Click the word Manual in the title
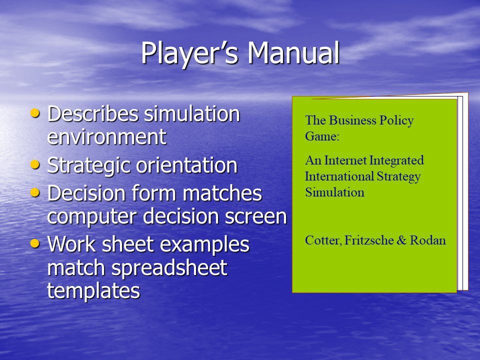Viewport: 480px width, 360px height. (293, 52)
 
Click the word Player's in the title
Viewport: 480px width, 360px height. (189, 54)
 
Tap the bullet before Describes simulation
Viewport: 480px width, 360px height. (35, 113)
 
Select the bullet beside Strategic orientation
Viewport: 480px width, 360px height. (35, 164)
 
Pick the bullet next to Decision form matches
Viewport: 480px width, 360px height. (35, 192)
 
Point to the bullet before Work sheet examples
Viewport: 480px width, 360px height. (35, 243)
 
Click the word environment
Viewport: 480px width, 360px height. (107, 137)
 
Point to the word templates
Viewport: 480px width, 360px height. (93, 291)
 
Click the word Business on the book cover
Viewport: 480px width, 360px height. (352, 120)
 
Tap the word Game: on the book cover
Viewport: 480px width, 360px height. (322, 136)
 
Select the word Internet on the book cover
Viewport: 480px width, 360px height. (345, 160)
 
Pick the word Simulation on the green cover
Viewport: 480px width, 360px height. (335, 192)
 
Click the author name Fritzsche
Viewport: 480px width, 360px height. (369, 240)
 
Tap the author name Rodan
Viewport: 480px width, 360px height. (428, 240)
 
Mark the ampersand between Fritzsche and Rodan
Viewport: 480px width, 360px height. (401, 240)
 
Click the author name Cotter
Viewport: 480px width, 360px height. (323, 240)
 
